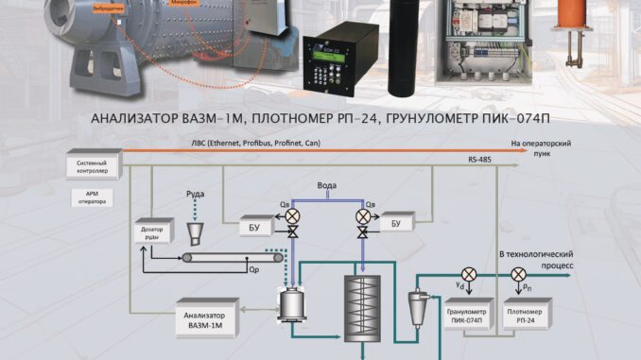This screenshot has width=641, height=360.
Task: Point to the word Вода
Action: click(327, 186)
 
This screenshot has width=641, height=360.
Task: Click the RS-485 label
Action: click(478, 161)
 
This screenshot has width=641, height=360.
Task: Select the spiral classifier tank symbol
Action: click(360, 299)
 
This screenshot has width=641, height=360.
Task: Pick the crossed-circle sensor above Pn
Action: click(518, 274)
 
